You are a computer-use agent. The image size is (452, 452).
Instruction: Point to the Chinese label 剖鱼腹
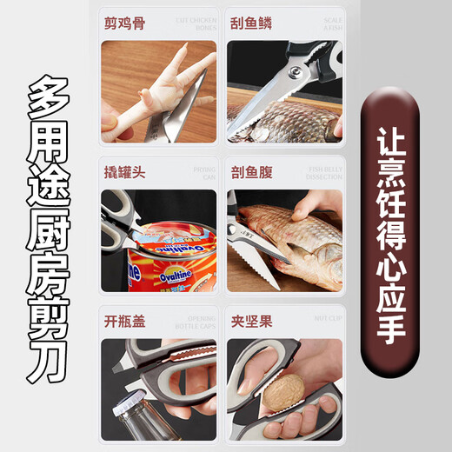coord(250,172)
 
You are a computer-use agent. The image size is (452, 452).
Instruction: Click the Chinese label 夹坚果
coord(250,322)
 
